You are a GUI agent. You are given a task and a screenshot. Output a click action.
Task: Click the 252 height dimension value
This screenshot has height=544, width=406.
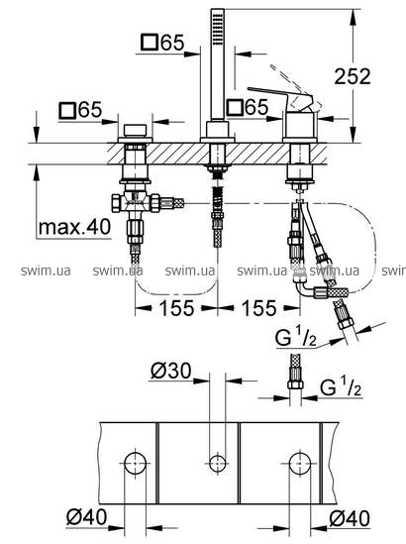pos(353,76)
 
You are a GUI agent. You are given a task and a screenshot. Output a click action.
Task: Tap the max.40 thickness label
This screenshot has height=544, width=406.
pos(74,227)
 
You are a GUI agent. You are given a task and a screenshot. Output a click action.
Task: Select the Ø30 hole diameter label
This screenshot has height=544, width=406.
pos(171,371)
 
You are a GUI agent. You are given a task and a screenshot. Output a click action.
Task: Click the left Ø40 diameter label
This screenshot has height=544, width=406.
pos(87,517)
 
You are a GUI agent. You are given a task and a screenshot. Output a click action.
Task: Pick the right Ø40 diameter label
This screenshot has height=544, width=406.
pos(350,518)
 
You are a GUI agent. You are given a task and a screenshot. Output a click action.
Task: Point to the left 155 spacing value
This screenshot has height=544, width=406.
pos(176,308)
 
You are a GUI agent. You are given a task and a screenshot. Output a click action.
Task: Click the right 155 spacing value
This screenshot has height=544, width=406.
pos(259,308)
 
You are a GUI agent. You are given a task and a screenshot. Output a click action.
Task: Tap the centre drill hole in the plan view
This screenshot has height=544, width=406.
pos(218,463)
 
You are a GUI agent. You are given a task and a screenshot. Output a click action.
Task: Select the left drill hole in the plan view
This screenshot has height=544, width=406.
pos(136,463)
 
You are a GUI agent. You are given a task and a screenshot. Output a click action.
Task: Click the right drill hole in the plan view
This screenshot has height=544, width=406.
pos(300,463)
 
